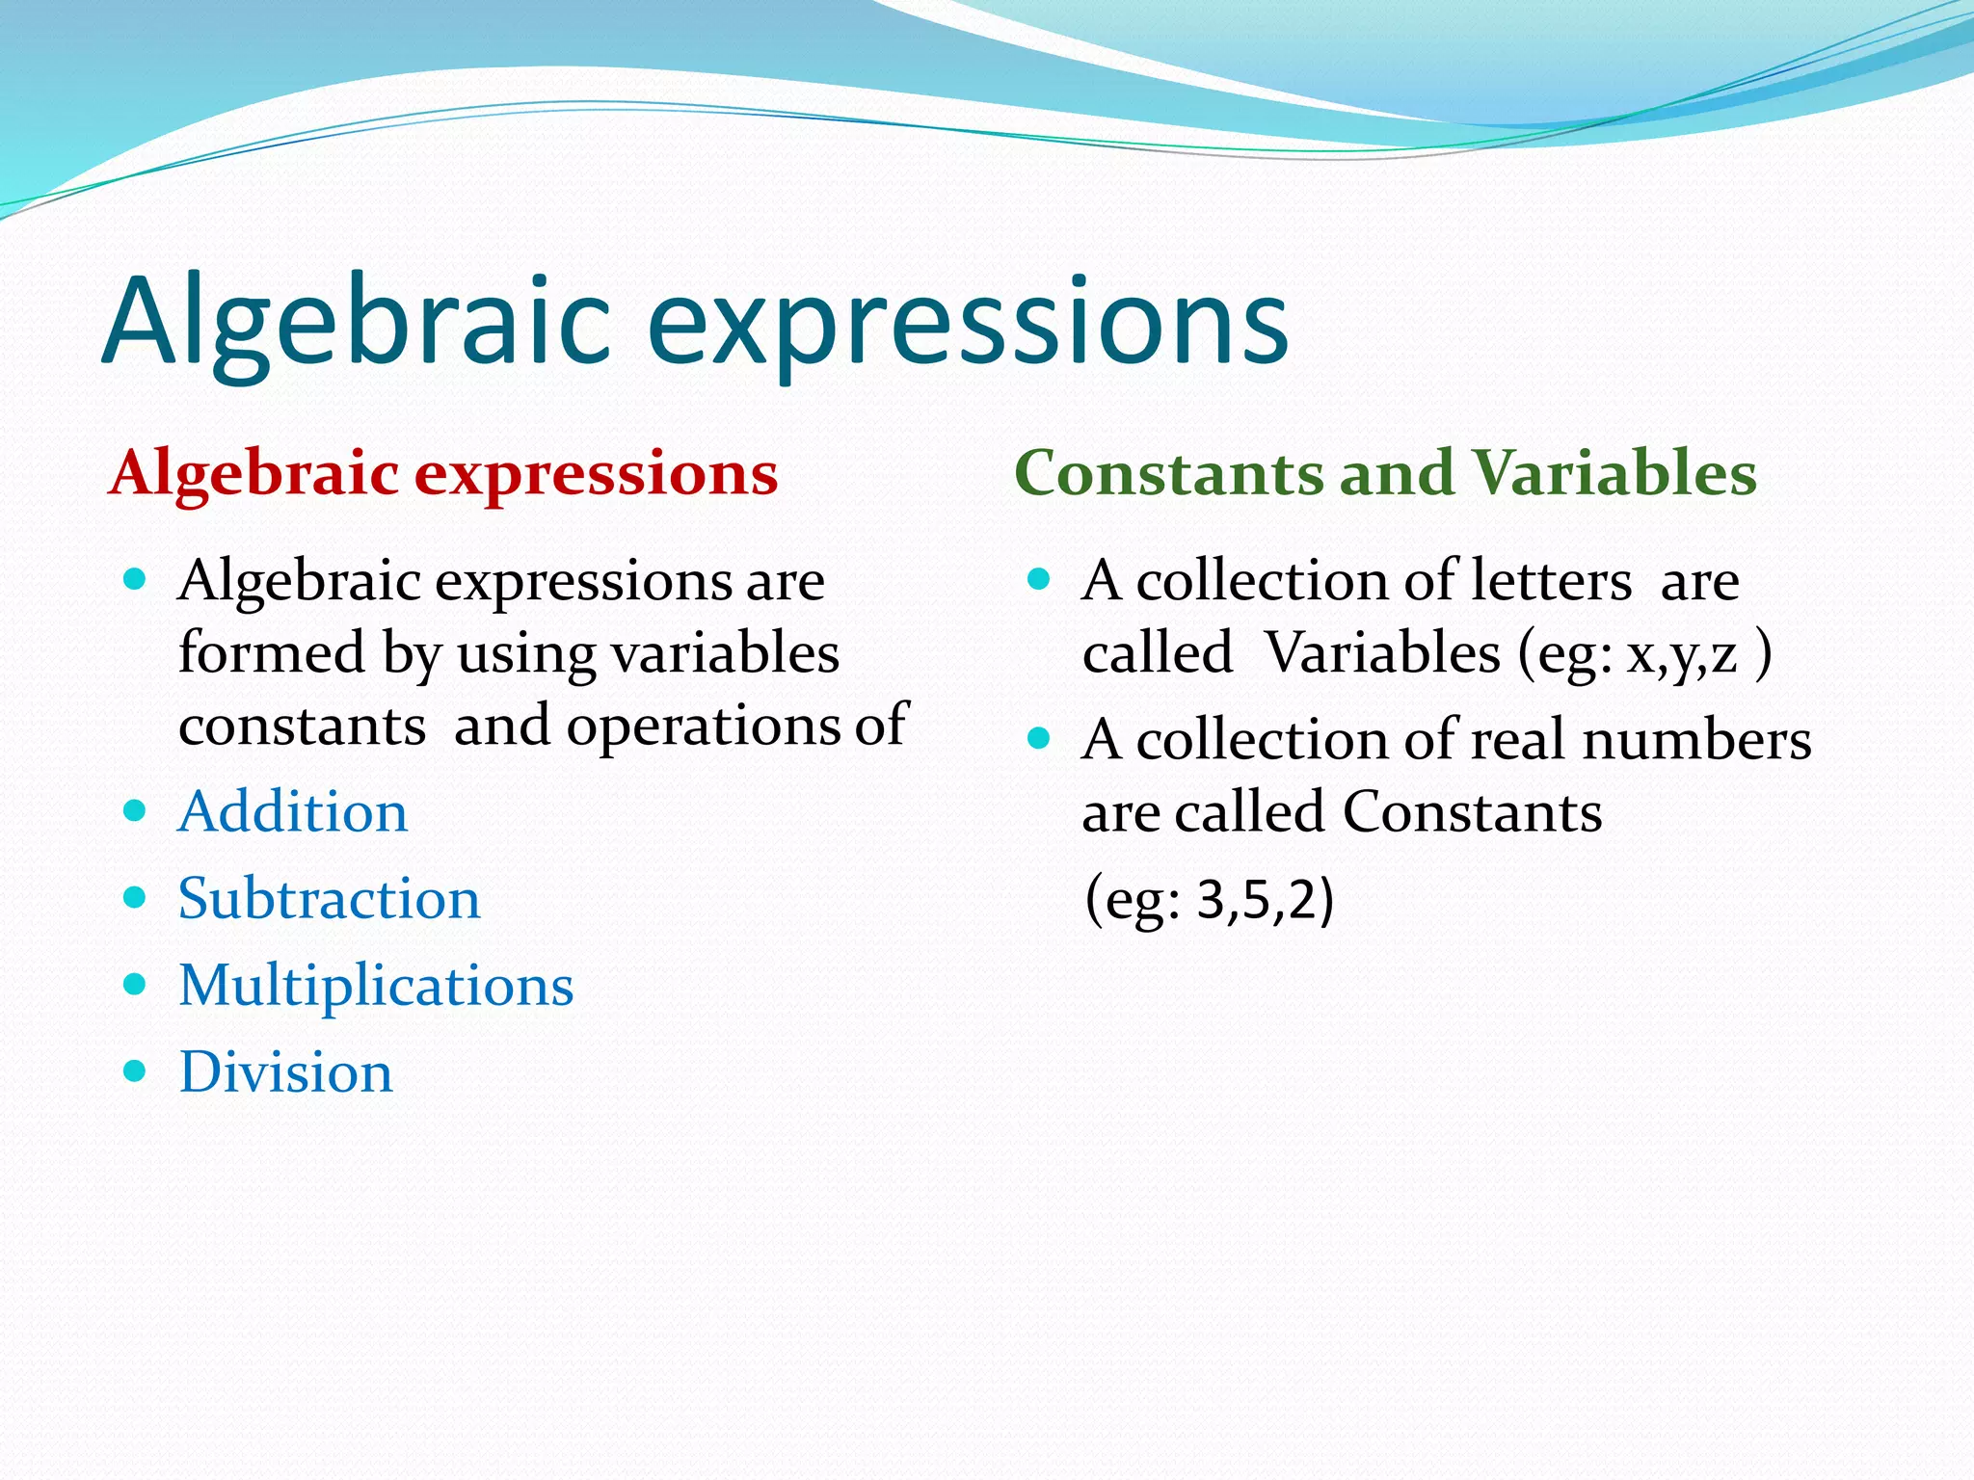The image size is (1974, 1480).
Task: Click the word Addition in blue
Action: [x=293, y=812]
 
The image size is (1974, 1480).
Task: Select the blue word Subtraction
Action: [x=329, y=899]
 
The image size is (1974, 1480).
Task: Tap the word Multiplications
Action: [x=376, y=986]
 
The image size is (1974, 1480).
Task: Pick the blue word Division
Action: [x=285, y=1072]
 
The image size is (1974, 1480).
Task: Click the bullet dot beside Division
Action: [x=135, y=1070]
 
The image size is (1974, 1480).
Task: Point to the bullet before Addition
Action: [x=135, y=810]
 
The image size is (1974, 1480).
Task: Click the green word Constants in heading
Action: [x=1169, y=473]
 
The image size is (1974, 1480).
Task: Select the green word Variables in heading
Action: [x=1614, y=473]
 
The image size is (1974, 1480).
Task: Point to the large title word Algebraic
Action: [x=357, y=322]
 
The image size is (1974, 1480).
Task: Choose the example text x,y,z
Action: [x=1682, y=655]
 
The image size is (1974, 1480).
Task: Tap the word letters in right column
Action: [x=1551, y=581]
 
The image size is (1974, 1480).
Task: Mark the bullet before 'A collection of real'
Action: [x=1038, y=738]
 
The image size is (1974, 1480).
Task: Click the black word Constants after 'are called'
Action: [x=1472, y=812]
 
